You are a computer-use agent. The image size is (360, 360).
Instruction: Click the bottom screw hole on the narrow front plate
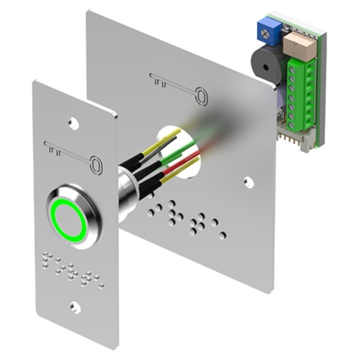point(75,306)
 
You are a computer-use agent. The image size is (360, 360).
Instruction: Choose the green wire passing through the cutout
point(175,147)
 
